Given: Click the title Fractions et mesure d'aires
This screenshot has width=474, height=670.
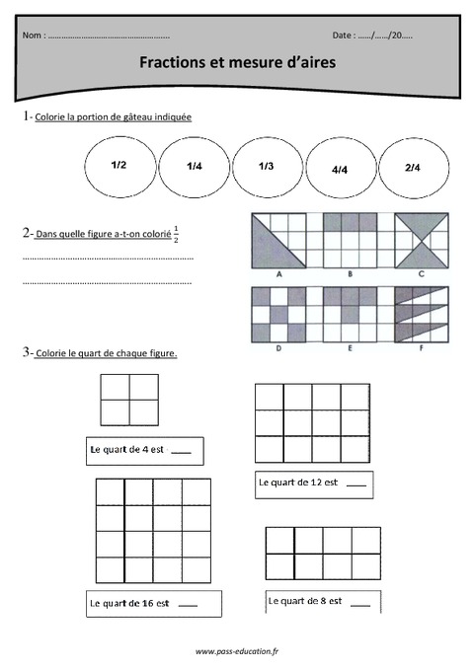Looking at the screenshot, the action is pos(237,62).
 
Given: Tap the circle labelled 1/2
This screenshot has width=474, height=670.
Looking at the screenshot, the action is pos(119,166).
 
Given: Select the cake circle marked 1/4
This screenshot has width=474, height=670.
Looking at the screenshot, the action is pos(194,168).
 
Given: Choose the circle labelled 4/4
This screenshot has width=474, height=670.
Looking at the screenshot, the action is pos(341,170).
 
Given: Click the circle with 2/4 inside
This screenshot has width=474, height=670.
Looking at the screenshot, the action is pos(413,169).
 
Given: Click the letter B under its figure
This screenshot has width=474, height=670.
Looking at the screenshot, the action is pos(350,274).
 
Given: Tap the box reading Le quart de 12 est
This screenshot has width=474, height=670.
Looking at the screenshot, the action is pos(313,484).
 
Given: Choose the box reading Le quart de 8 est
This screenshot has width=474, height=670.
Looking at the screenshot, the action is pos(321,600).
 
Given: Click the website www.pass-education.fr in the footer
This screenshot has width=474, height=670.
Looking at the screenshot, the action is pos(236,652).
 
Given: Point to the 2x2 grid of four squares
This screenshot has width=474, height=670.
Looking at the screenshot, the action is pos(129,399).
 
